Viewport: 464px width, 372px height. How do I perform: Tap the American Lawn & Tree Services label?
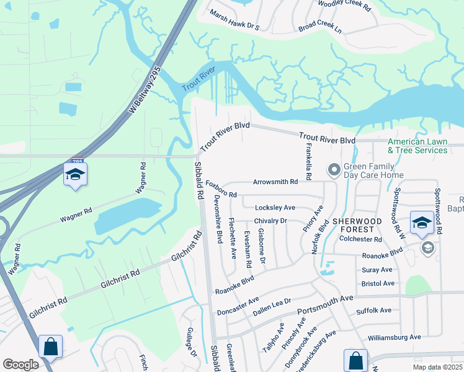point(417,146)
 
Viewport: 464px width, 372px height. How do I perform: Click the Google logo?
point(20,365)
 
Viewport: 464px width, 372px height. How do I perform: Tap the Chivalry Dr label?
point(270,221)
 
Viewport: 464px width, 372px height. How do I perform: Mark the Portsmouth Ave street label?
point(325,308)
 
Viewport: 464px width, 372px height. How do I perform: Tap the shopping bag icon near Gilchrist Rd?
point(50,346)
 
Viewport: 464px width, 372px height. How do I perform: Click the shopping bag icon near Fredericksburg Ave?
point(355,360)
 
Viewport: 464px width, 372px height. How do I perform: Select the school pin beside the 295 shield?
point(75,175)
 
